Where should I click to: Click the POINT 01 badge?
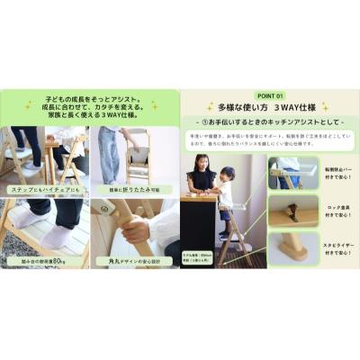click(270, 94)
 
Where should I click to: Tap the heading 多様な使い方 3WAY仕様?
click(270, 107)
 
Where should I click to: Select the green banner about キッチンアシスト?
click(270, 121)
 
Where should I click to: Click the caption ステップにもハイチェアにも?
click(44, 190)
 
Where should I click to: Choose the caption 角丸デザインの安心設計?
click(135, 262)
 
